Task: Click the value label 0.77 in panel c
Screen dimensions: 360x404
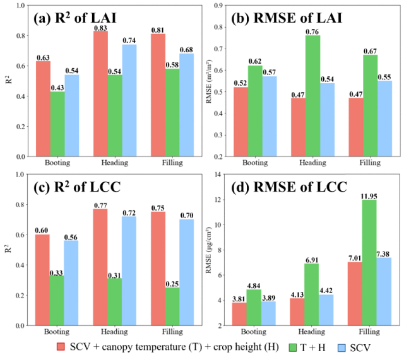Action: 100,204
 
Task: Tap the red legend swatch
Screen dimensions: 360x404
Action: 61,347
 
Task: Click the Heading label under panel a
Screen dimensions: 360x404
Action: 114,163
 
